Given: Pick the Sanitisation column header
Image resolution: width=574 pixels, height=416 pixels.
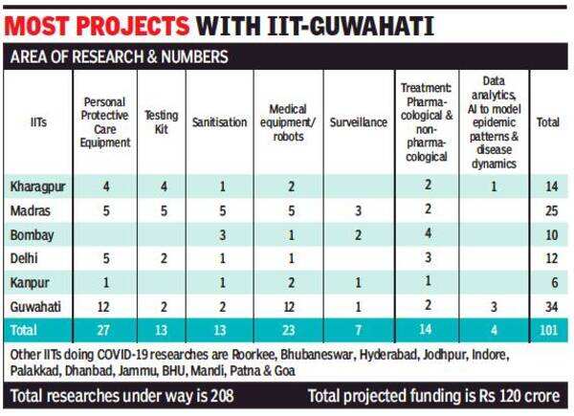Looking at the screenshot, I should (219, 122).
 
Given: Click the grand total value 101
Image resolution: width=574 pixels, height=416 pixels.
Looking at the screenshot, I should (548, 330).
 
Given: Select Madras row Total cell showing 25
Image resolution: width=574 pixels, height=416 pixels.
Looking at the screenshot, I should (548, 209).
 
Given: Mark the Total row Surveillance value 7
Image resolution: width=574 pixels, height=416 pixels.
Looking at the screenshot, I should (358, 330).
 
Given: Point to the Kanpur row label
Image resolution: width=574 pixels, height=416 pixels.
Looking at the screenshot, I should (29, 281).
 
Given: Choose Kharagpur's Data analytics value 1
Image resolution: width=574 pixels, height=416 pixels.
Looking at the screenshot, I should (494, 185).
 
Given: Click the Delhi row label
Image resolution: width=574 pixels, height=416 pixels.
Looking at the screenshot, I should (25, 257).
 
